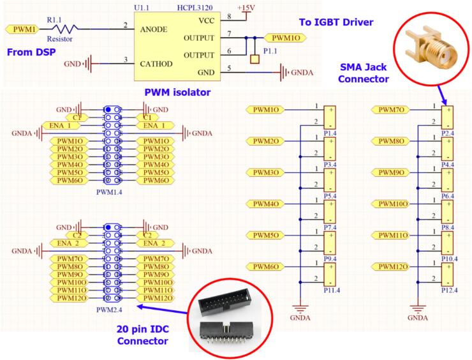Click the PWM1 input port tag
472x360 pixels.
click(22, 29)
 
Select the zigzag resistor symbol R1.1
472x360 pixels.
click(65, 29)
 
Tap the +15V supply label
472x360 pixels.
click(246, 8)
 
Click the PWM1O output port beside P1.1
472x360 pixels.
click(285, 38)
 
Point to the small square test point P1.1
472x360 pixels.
click(254, 59)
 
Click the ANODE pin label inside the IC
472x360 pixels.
click(154, 29)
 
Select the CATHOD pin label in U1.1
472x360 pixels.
click(156, 64)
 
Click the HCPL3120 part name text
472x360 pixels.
click(195, 8)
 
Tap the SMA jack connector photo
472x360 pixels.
click(431, 49)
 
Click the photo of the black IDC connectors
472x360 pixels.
click(230, 318)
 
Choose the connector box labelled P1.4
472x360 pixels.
click(330, 117)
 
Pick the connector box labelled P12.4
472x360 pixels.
click(447, 274)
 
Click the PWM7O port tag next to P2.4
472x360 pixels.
click(391, 110)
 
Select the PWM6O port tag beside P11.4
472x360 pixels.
click(265, 267)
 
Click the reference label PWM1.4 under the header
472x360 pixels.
click(109, 192)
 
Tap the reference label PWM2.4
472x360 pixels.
click(109, 310)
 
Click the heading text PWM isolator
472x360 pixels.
click(177, 92)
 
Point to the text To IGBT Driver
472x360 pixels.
click(336, 22)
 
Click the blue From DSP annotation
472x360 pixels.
click(31, 52)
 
